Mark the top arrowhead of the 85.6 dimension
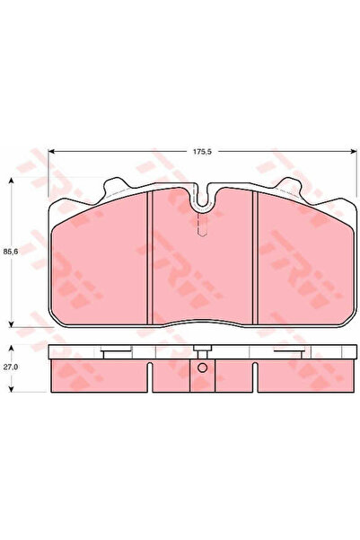click(x=10, y=181)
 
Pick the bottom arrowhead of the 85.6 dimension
click(x=10, y=324)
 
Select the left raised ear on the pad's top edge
click(x=114, y=188)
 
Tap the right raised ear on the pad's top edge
click(x=292, y=188)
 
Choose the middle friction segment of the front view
click(x=203, y=270)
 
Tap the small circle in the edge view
click(x=202, y=368)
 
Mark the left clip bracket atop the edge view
click(x=114, y=351)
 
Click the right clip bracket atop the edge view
click(x=289, y=351)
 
